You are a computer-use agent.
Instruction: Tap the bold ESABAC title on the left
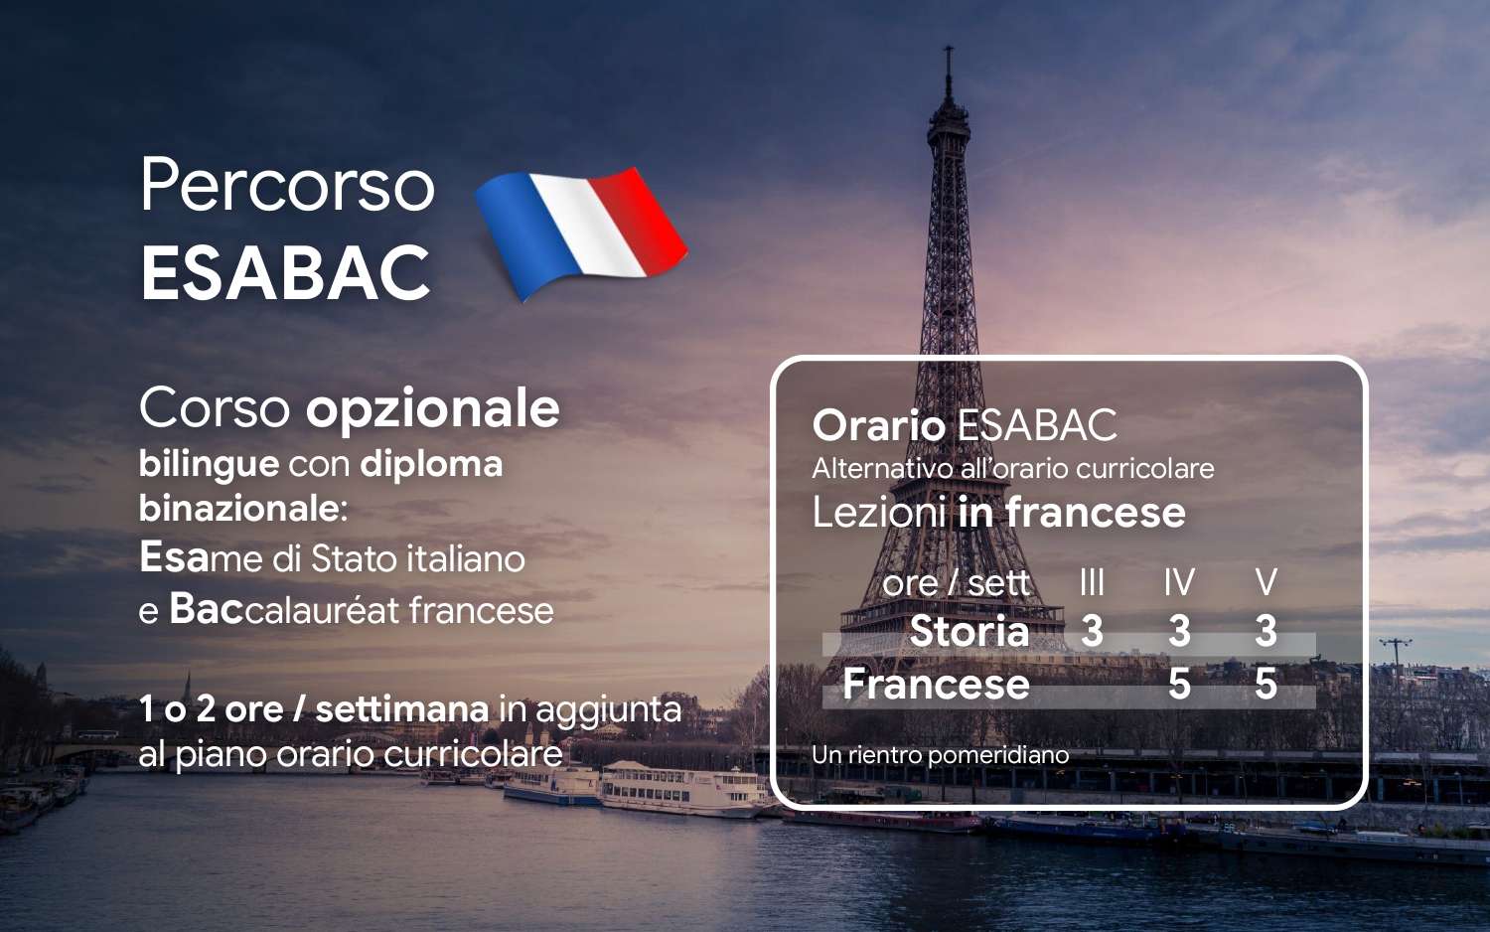coord(286,272)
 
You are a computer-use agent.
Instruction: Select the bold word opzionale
coord(432,409)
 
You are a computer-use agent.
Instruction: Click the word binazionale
coord(242,510)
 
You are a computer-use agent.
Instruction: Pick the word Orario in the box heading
coord(879,425)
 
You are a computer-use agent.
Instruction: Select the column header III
coord(1092,583)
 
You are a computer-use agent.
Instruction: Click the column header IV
coord(1179,583)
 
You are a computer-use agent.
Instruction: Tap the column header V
coord(1266,583)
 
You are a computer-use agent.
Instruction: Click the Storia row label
coord(969,631)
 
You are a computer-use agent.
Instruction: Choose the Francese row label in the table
coord(936,684)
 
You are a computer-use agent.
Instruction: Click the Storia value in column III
coord(1092,631)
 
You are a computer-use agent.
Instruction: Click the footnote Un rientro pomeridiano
coord(940,755)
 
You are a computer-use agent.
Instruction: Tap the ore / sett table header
coord(956,584)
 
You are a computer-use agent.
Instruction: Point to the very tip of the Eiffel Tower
coord(949,46)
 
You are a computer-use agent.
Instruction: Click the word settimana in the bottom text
coord(401,709)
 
